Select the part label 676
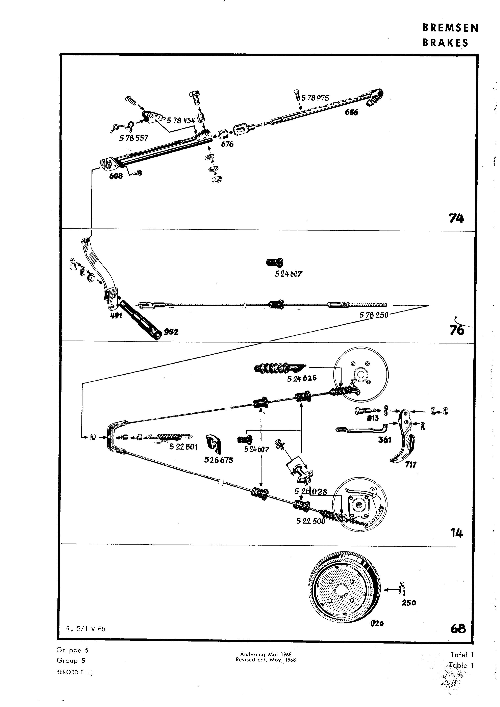point(227,144)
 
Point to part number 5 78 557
point(134,138)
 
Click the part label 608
point(116,176)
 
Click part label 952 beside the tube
point(171,332)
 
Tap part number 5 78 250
point(374,315)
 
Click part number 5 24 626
point(302,378)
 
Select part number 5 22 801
point(183,446)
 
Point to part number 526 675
point(219,460)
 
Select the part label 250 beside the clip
point(409,603)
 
